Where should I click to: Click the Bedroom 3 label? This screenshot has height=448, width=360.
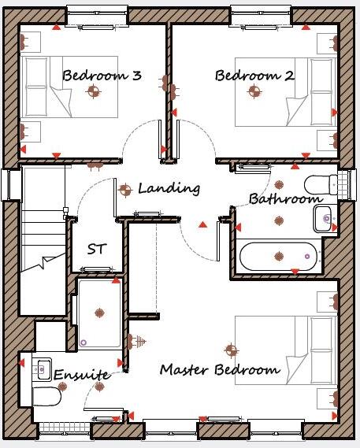coord(102,76)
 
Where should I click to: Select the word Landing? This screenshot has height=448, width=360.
coord(169,189)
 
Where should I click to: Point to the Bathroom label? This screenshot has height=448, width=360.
coord(284,199)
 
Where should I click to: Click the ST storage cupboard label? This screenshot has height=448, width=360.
coord(97,250)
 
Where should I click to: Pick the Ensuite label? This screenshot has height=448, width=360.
coord(81,375)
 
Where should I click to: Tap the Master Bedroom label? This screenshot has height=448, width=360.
coord(220,369)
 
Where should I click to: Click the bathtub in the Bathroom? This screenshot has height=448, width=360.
coord(278,256)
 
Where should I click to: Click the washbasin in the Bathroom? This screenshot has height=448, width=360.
coord(325,218)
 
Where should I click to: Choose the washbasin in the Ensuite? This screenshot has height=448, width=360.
coord(42,367)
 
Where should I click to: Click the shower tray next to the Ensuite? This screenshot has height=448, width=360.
coord(100,315)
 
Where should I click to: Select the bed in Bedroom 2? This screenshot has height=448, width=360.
coord(285,93)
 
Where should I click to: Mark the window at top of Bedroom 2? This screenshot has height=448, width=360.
coord(262,15)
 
